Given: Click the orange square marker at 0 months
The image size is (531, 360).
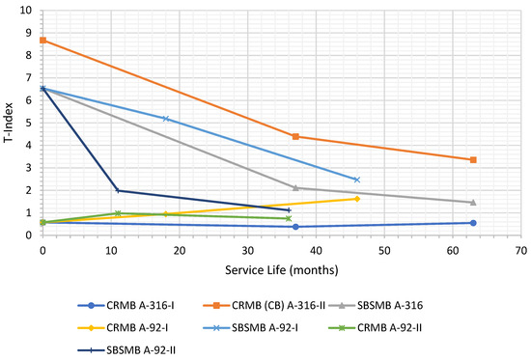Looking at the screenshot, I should coord(42,41).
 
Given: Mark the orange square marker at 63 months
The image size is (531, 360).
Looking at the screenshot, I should coord(472,159).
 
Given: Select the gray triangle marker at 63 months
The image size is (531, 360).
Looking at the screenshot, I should coord(472,202).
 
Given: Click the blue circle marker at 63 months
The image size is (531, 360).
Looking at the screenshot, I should coord(472,223).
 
